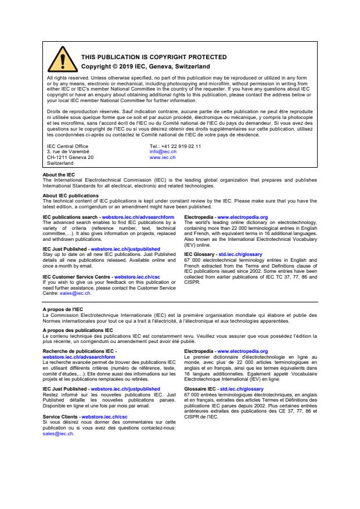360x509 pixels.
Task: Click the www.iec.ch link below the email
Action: (x=163, y=157)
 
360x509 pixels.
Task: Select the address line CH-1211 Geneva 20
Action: (x=70, y=157)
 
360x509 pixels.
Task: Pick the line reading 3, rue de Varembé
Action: (x=67, y=151)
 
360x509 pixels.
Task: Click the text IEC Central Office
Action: (x=67, y=146)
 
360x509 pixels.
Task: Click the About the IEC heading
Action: (x=59, y=175)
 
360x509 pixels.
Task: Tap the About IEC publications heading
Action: (x=71, y=195)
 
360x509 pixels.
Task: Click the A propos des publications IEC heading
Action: (x=74, y=330)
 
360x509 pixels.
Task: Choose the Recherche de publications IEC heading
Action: (x=79, y=351)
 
